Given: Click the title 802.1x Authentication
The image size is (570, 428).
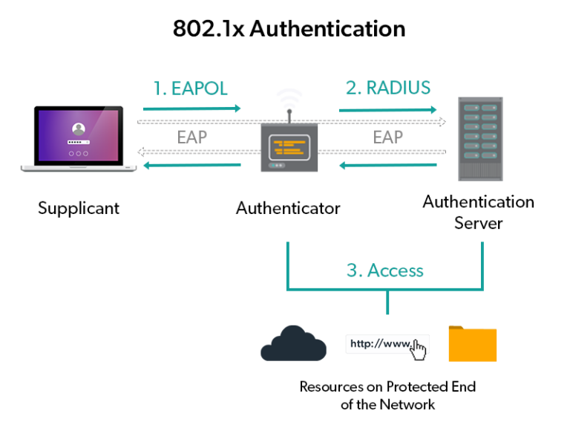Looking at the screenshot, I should coord(289,28).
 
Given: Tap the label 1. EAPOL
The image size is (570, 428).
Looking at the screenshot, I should coord(190,88).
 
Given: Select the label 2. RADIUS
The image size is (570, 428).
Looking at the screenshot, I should coord(387,88).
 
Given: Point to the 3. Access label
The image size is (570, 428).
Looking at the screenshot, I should coord(384,270).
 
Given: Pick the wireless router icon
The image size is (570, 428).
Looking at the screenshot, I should coord(288,141).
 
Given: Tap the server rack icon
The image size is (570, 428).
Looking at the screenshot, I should coord(478,139).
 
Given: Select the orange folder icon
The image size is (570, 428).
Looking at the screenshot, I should coord(472,343).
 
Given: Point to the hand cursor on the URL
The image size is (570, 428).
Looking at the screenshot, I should coord(419,349).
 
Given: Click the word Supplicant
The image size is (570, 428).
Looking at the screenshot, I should coord(79,207).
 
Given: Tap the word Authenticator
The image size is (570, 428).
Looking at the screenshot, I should coord(288,208).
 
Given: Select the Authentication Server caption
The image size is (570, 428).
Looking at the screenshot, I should coord(478,212).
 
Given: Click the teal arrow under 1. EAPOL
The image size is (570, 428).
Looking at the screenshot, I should coord(191,109).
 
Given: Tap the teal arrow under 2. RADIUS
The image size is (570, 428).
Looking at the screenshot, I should coord(387,110).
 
